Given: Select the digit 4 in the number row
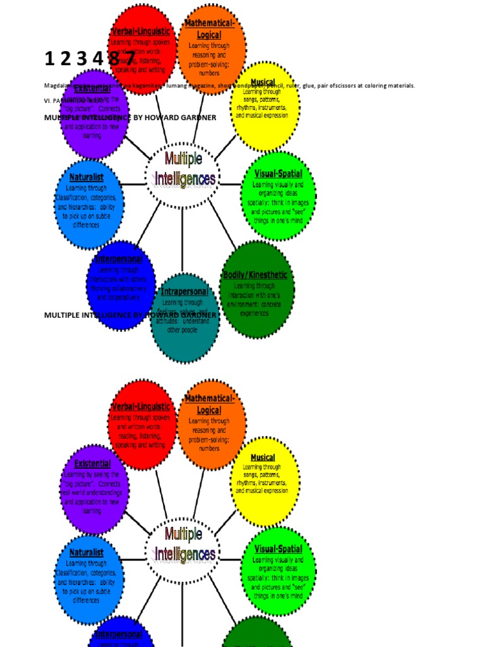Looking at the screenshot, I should tap(97, 59).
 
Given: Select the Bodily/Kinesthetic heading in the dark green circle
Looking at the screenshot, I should tap(255, 275).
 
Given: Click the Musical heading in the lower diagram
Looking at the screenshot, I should tap(263, 457).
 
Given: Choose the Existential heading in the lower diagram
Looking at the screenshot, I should tap(92, 464).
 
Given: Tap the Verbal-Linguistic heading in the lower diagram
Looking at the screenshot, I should tap(141, 407).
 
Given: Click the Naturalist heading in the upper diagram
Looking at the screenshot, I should tap(87, 178).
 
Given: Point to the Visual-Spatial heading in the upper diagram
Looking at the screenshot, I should tap(278, 174).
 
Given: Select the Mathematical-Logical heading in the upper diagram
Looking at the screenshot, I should tap(210, 29).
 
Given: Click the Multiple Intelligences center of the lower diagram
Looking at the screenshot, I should tap(184, 545).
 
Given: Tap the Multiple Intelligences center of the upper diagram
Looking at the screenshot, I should tap(184, 169).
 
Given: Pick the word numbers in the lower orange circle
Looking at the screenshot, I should tap(209, 449).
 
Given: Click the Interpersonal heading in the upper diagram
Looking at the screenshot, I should tap(119, 259).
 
